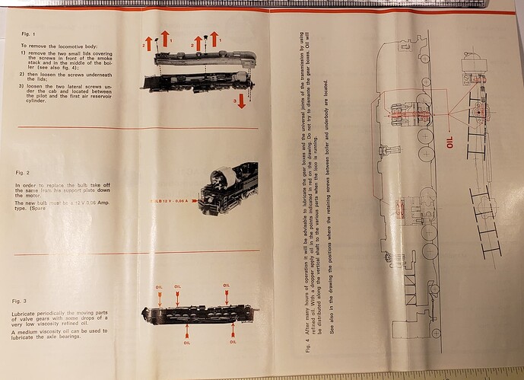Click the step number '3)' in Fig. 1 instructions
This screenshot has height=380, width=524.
[22, 86]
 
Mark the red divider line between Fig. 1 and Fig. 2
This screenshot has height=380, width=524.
[137, 128]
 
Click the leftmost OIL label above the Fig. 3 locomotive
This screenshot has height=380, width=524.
[159, 288]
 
